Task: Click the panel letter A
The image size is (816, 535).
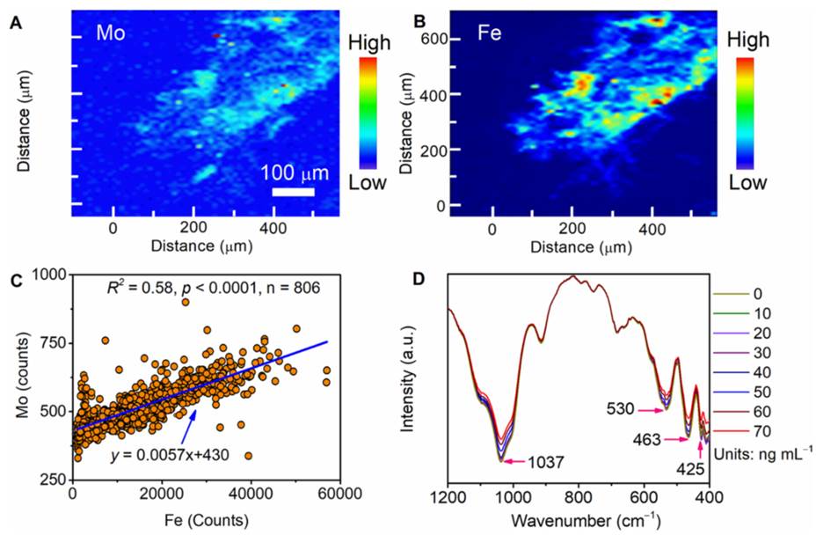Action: point(15,25)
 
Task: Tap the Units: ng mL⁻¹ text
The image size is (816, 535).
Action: point(763,451)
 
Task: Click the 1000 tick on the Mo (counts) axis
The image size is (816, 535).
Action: point(51,275)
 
